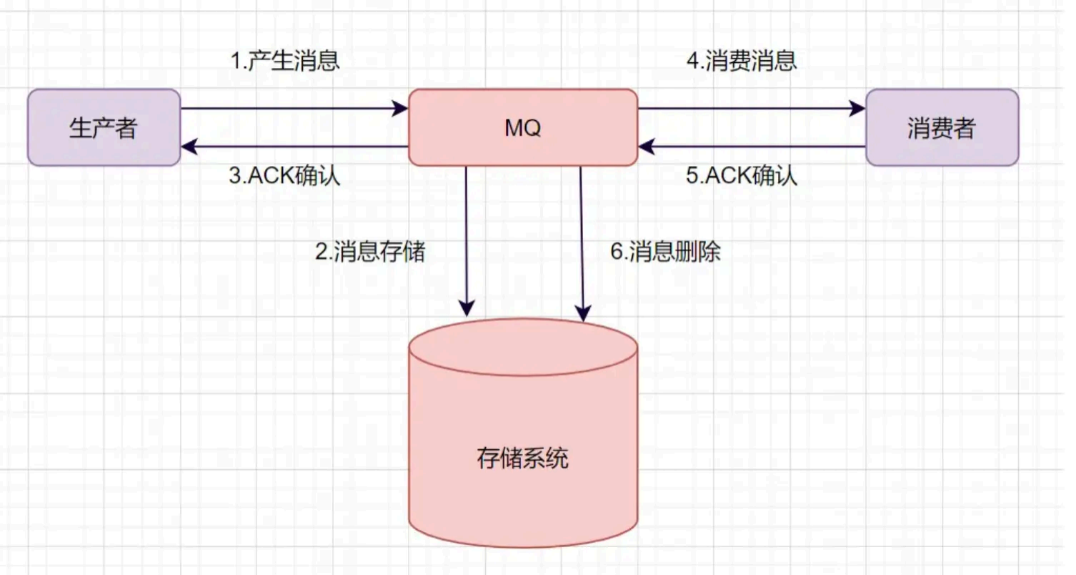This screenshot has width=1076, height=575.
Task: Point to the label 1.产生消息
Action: point(285,62)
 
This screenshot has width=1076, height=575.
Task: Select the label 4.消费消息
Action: point(742,62)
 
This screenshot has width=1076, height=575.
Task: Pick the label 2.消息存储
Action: point(370,252)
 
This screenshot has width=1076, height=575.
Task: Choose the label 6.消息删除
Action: point(666,252)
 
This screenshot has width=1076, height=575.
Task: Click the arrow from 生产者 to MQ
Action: point(293,109)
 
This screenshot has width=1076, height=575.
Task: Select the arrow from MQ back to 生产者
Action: point(293,147)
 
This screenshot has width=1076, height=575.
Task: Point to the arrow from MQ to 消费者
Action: point(750,109)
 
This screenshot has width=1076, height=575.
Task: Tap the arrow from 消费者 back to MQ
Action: point(750,147)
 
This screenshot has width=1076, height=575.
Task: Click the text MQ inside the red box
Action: point(522,129)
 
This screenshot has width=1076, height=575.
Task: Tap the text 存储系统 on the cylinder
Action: point(522,458)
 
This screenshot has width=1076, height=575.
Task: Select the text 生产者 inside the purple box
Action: point(104,129)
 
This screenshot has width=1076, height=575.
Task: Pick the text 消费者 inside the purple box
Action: point(942,129)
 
